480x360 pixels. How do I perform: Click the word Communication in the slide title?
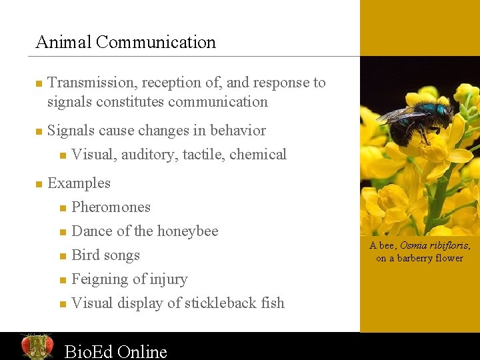coord(155,43)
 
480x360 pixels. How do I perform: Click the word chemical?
coord(258,155)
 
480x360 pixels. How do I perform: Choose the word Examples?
coord(79,183)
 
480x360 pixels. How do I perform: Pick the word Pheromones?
coord(111,207)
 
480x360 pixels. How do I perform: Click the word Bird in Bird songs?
coord(85,255)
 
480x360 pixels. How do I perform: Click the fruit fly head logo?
coord(37,346)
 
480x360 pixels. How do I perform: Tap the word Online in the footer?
coord(141,351)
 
